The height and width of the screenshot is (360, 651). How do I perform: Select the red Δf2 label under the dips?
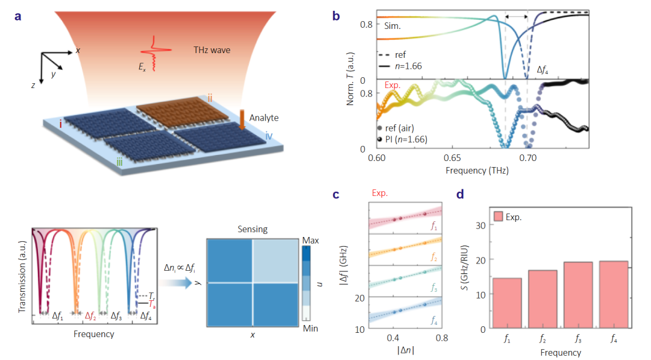point(91,315)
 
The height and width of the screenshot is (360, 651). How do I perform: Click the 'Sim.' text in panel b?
point(392,27)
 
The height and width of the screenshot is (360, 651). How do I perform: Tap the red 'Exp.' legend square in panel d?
point(498,216)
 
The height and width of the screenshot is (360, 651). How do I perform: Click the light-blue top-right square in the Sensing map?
point(275,259)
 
